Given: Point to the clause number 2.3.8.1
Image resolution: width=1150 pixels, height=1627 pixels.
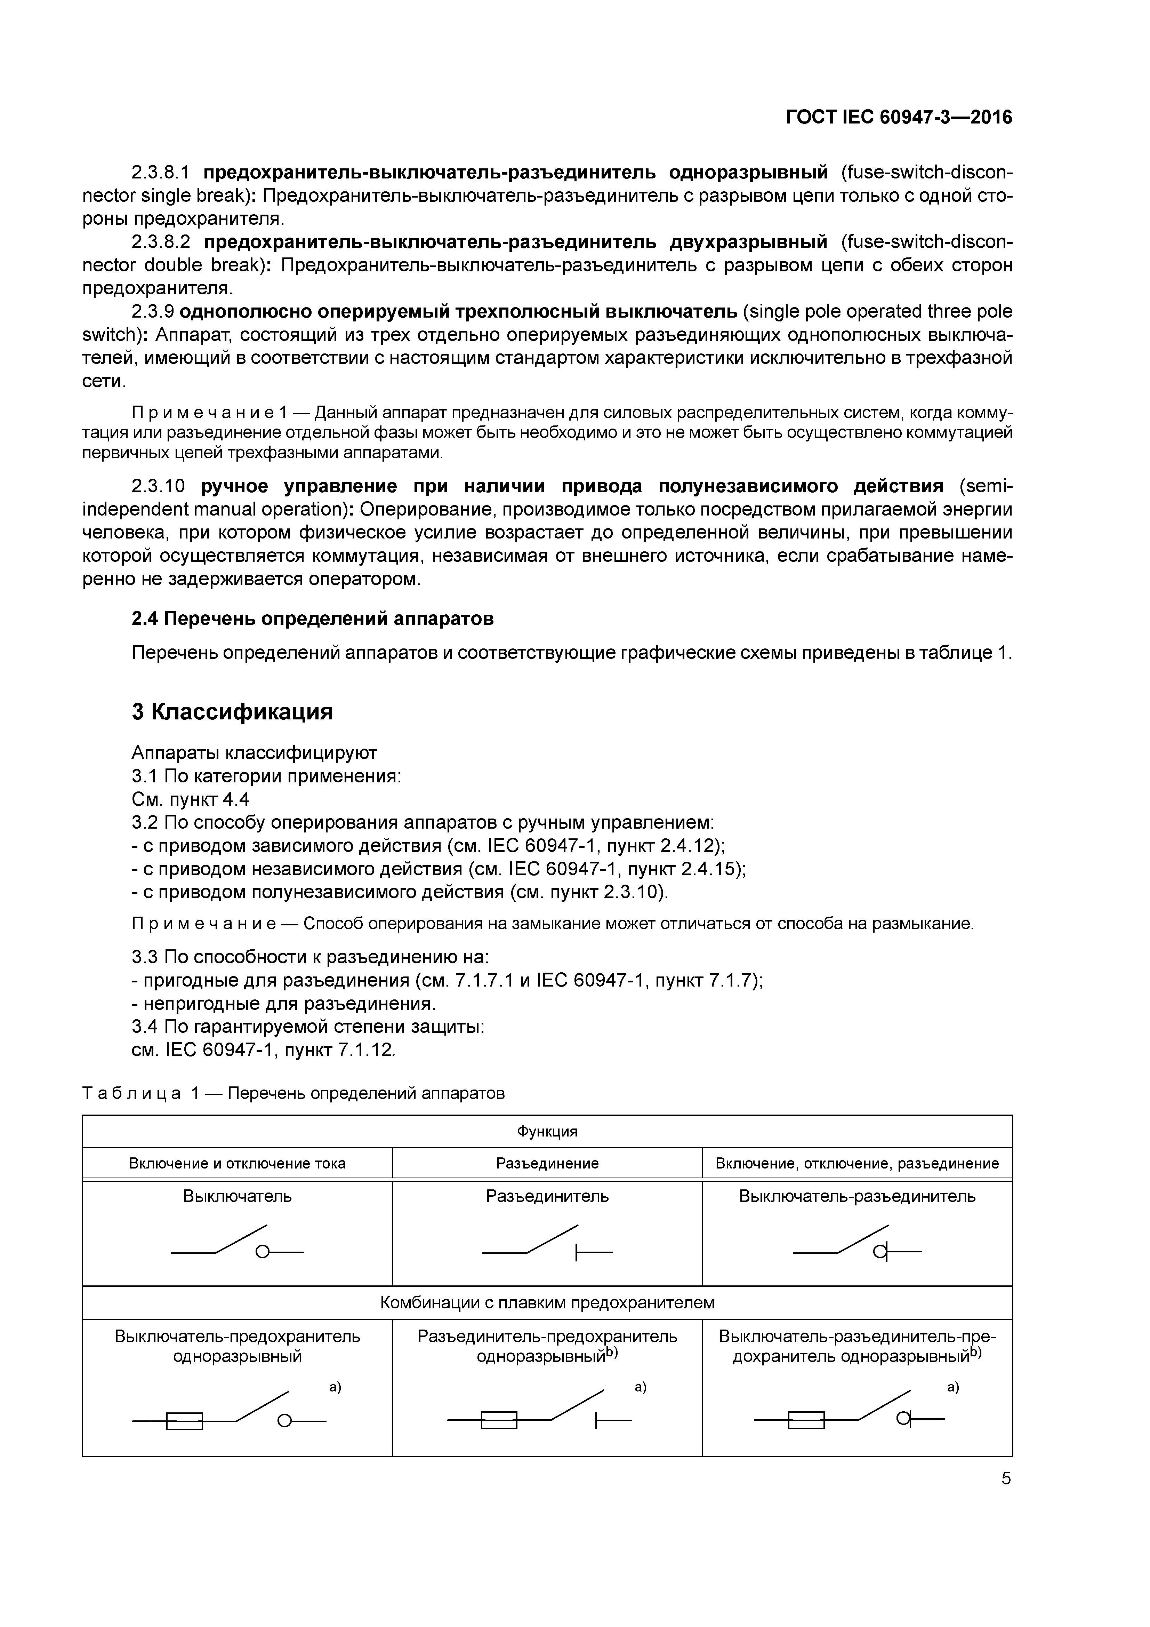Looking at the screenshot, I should coord(161,172).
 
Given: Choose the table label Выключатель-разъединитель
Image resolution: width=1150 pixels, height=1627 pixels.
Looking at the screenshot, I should coord(857,1196).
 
